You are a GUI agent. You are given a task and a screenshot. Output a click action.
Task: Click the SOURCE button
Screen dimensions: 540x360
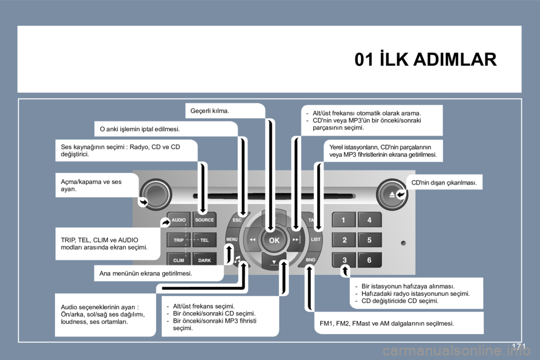205,220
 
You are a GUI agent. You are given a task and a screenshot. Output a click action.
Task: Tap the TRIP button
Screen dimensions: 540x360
178,240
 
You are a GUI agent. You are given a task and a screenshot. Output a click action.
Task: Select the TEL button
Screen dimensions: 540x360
205,240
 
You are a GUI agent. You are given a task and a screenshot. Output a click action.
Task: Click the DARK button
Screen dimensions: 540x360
205,260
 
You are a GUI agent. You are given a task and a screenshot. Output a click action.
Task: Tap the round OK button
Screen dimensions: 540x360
274,240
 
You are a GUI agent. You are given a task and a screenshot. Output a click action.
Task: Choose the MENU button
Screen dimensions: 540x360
232,240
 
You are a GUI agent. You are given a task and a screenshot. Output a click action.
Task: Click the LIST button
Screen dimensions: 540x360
316,240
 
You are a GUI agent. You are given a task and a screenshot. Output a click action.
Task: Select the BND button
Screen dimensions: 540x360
310,260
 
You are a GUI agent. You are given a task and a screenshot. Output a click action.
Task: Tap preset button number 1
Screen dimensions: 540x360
343,220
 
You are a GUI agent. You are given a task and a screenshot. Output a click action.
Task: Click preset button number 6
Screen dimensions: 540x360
370,260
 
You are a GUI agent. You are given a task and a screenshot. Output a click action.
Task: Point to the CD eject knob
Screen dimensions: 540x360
392,195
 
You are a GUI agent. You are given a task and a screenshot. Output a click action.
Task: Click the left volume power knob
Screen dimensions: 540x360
155,195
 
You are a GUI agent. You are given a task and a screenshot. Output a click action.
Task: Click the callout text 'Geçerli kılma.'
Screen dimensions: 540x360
210,111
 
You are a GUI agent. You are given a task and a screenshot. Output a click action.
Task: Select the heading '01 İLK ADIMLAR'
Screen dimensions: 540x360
426,59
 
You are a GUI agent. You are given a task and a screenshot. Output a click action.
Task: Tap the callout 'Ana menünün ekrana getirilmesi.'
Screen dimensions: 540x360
146,273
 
